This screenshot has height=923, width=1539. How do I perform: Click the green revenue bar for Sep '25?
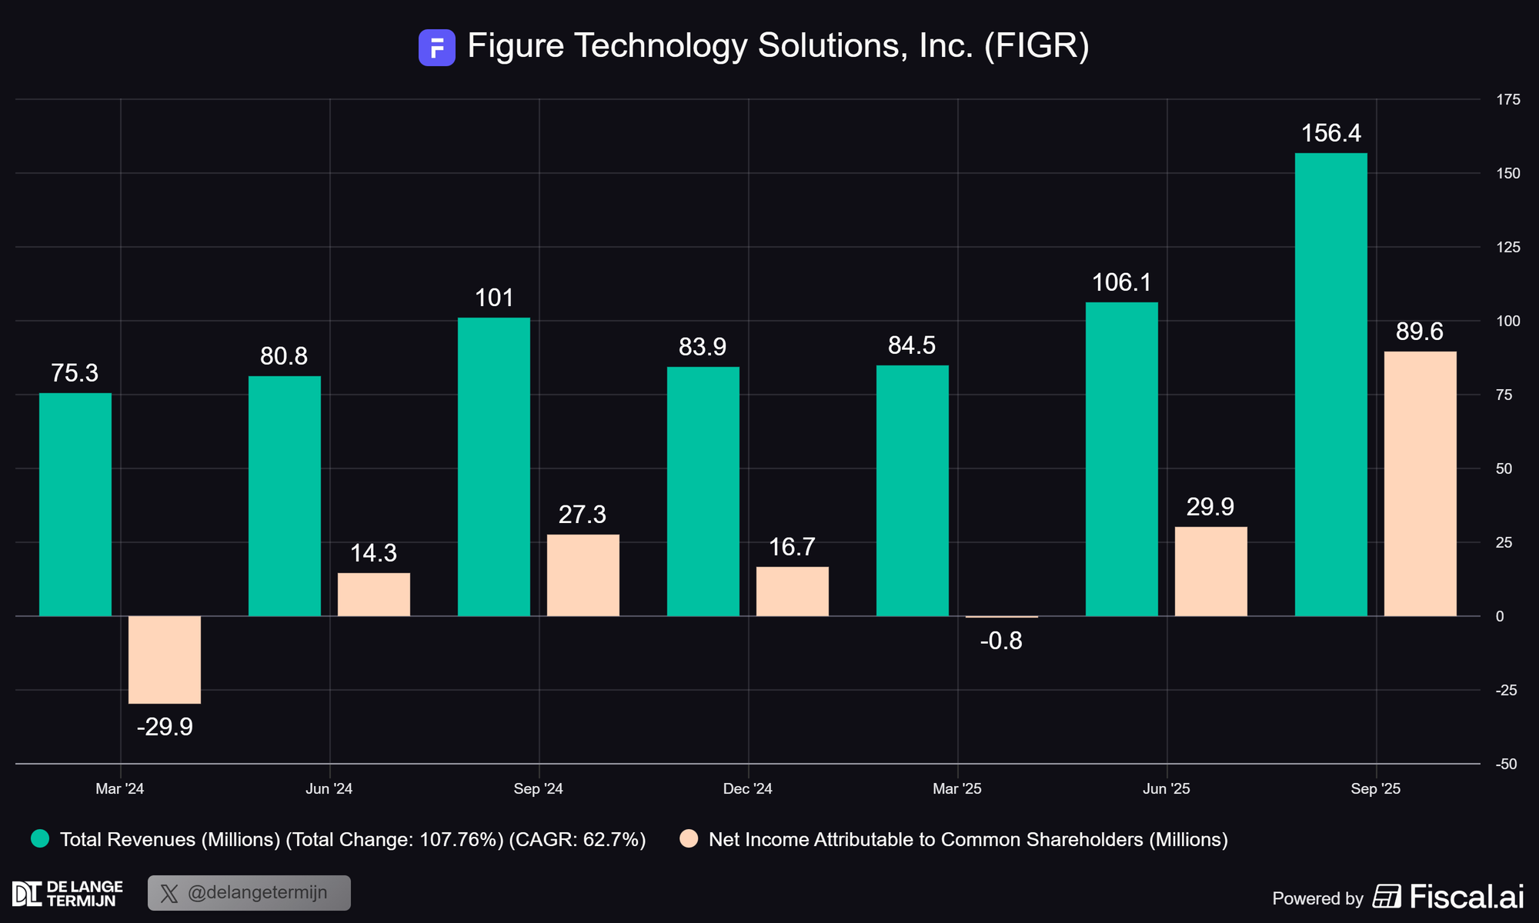[1330, 385]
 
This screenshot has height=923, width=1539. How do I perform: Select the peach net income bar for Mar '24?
[165, 660]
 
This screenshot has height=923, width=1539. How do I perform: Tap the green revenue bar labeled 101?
[493, 467]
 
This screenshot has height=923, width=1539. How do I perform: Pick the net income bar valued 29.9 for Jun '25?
[1210, 571]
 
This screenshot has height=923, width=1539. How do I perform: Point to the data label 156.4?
[1330, 133]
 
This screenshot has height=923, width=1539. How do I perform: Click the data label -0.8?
[1001, 641]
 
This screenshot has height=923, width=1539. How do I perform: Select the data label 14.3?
[373, 553]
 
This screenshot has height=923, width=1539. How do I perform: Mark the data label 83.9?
[702, 347]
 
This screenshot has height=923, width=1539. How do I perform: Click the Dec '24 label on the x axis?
[747, 788]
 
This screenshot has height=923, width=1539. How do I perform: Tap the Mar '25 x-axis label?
[956, 788]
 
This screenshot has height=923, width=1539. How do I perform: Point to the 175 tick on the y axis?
[1507, 99]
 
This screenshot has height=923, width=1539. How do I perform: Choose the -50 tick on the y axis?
[1506, 764]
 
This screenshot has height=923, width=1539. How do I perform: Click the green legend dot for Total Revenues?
[40, 838]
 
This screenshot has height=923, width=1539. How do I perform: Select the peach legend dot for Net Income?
[689, 838]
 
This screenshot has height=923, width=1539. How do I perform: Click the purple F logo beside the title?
[436, 48]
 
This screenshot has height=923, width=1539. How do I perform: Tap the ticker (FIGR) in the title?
[1037, 46]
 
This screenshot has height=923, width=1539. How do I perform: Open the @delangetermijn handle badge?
[249, 893]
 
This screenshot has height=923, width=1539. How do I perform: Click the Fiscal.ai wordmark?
[1466, 897]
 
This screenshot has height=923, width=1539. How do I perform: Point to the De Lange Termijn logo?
[68, 894]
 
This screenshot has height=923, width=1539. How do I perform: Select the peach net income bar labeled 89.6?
[1420, 484]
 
